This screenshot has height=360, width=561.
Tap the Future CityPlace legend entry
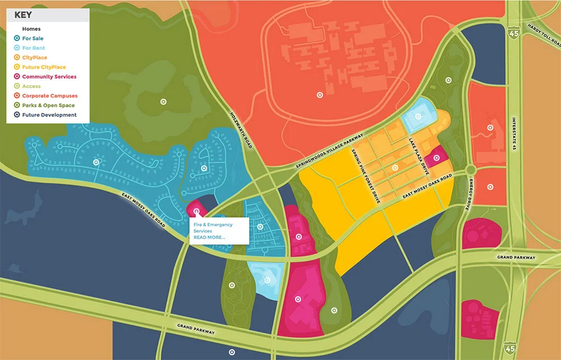point(42,67)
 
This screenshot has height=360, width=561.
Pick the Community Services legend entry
point(49,77)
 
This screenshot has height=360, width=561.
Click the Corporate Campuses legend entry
point(49,96)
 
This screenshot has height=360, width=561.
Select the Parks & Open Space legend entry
point(48,105)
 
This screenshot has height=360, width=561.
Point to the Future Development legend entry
point(49,115)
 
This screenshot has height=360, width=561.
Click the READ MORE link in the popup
point(209,237)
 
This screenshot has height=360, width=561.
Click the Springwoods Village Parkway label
point(330,151)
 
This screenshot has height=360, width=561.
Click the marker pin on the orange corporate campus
point(319,95)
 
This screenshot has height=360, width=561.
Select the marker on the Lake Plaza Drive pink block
point(436,158)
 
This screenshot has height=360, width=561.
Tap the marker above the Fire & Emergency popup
point(196,211)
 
